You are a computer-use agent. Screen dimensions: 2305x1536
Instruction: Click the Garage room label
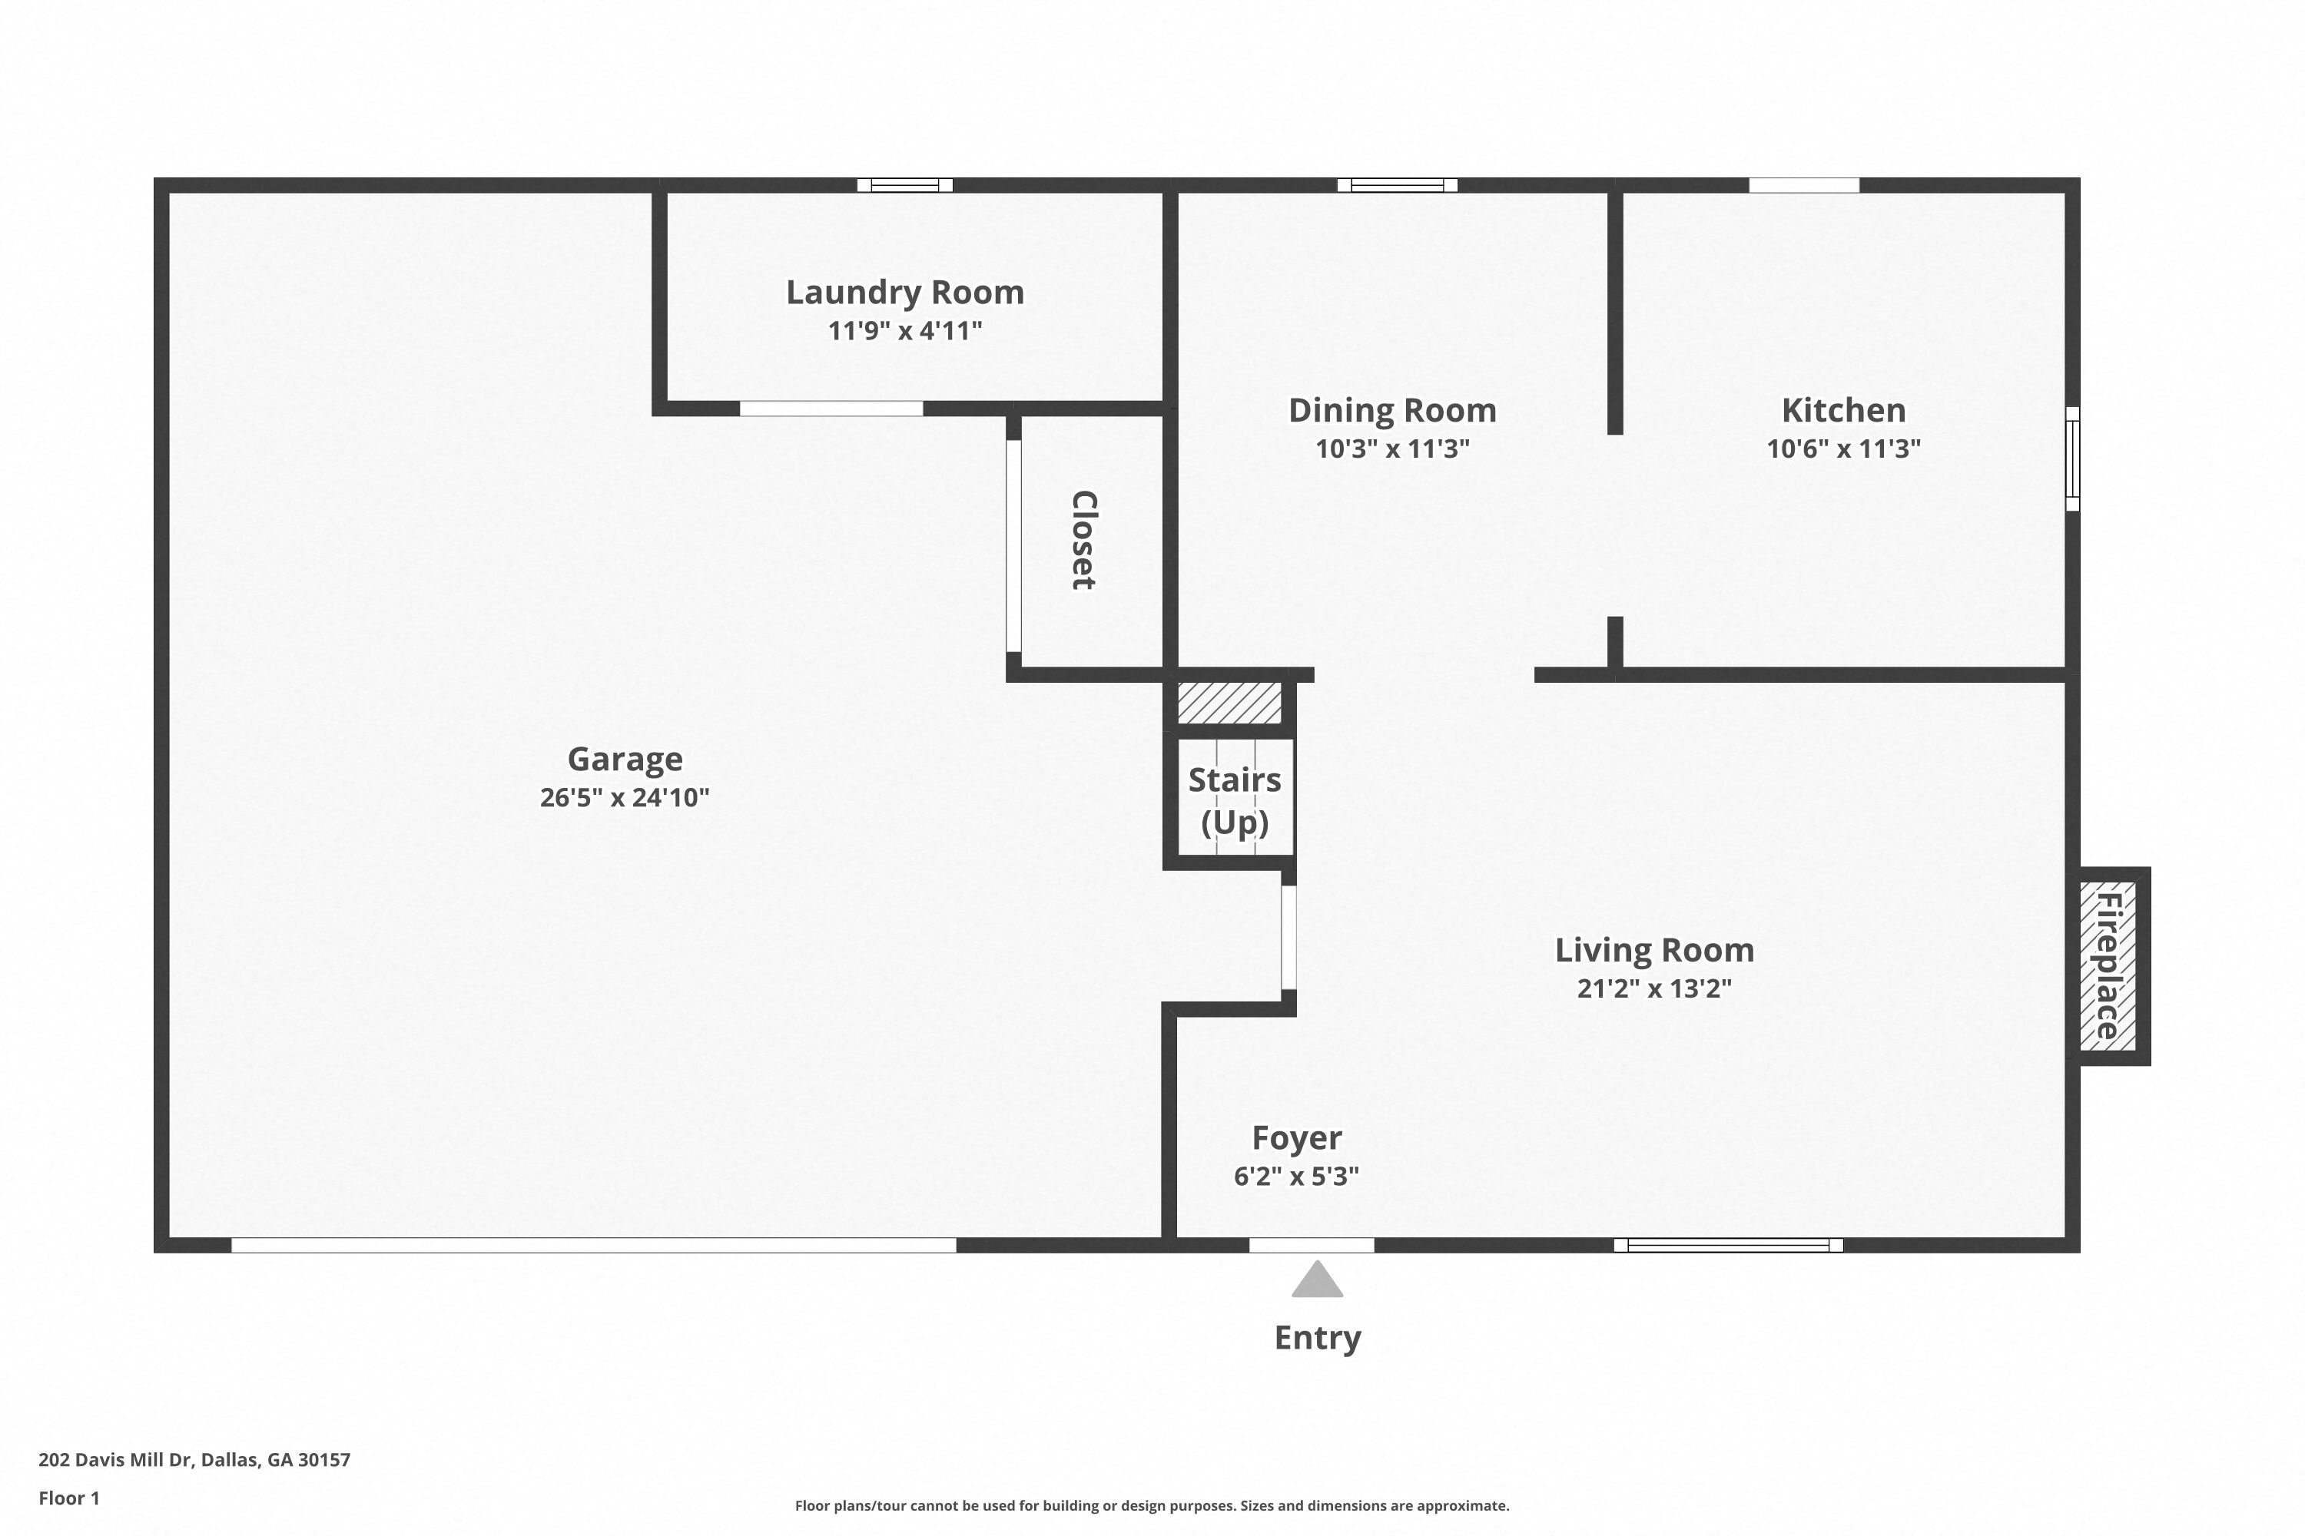625,760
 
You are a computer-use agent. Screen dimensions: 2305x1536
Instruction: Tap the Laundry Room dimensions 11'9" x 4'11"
904,331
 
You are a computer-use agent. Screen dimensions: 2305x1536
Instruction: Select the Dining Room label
1392,410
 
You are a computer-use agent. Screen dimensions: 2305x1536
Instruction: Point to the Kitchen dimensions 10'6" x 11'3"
1843,449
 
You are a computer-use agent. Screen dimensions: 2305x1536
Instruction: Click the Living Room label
1654,950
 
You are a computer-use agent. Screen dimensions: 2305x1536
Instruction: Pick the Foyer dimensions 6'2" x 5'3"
1297,1176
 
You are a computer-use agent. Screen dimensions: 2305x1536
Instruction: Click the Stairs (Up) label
1235,800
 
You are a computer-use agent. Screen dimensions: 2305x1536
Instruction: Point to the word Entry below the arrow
1317,1338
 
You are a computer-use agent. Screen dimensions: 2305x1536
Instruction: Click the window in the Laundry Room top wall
904,185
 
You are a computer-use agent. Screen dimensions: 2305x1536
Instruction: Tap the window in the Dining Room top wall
1398,185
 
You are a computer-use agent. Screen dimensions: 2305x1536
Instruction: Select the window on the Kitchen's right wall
2073,458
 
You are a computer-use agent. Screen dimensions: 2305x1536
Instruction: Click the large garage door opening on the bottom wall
594,1245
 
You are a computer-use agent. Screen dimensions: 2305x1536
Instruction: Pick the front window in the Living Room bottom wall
1729,1245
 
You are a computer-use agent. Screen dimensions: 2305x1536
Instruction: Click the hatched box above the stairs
1229,703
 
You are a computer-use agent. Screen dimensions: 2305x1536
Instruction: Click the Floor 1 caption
68,1498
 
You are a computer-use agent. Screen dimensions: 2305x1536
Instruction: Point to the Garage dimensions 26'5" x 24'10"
625,797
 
